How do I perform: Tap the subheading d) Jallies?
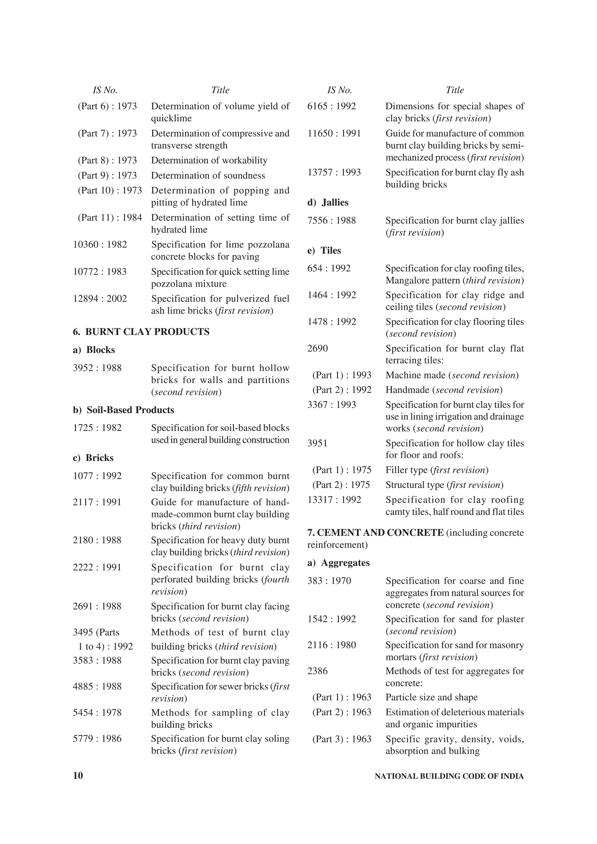point(328,202)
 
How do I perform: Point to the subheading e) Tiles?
point(324,251)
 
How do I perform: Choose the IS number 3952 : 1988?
point(97,368)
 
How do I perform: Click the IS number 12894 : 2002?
point(100,299)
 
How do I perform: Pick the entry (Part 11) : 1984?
point(110,218)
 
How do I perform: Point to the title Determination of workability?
point(209,161)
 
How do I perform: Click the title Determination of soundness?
point(208,176)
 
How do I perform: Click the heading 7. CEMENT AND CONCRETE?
point(375,533)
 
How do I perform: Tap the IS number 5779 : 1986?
point(97,739)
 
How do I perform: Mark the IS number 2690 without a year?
point(317,349)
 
